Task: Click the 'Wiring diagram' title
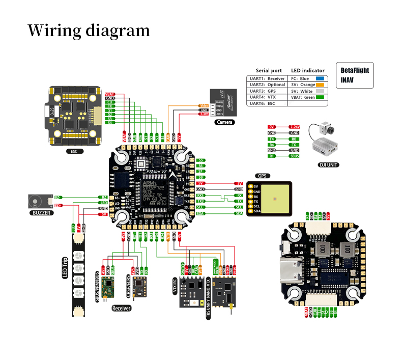click(89, 31)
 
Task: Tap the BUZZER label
click(40, 213)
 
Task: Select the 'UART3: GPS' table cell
click(267, 91)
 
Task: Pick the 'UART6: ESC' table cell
click(267, 103)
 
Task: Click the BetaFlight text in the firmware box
click(355, 71)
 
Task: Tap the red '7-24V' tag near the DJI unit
click(294, 126)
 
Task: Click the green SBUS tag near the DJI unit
click(294, 156)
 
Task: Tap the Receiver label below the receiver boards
click(121, 308)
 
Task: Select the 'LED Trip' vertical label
click(65, 268)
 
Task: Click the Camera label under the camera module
click(223, 122)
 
